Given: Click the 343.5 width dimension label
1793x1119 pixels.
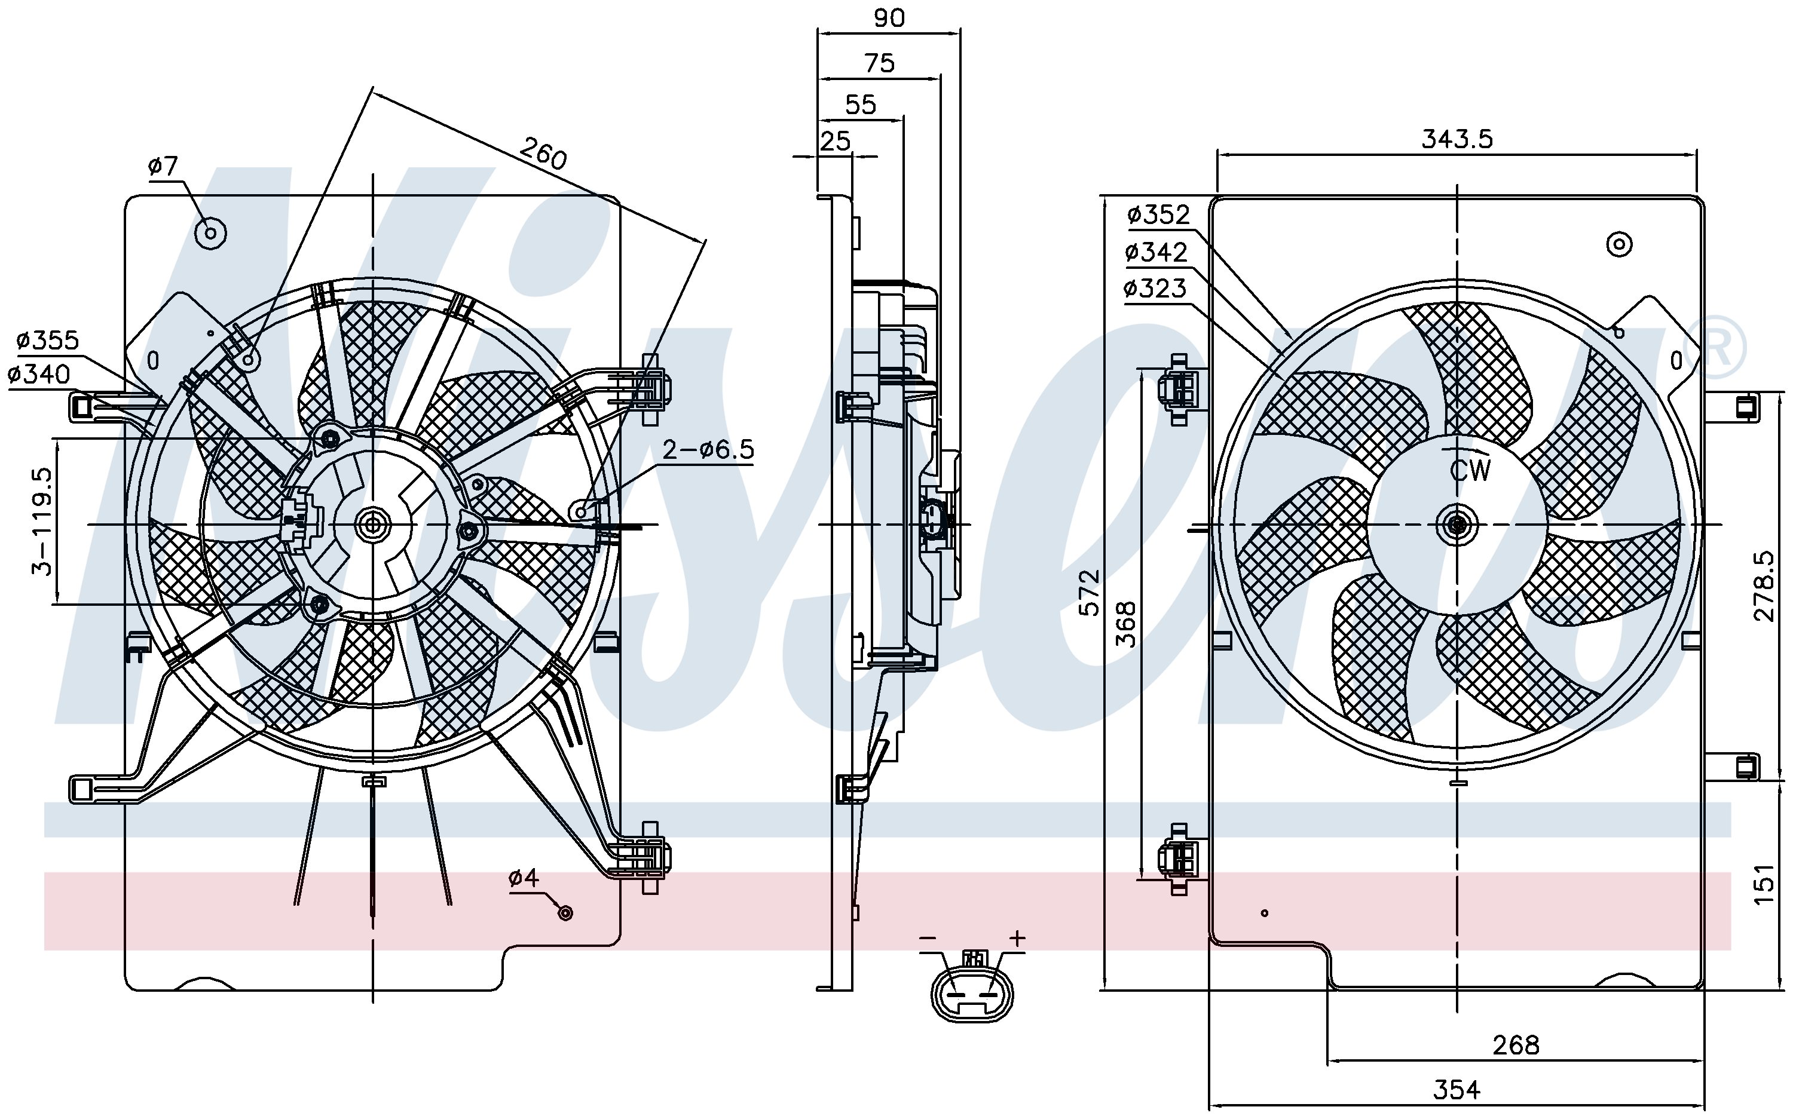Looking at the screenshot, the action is [x=1457, y=139].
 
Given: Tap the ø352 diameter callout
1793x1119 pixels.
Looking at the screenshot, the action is [x=1158, y=214].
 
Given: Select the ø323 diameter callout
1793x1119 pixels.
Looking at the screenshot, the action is [x=1155, y=288].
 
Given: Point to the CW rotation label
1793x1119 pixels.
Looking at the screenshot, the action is [x=1470, y=470].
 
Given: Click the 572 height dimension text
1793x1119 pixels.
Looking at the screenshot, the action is [x=1089, y=593].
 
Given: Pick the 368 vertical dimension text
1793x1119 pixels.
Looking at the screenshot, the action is [x=1125, y=624].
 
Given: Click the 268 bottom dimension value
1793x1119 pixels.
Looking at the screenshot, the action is [x=1516, y=1045].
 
